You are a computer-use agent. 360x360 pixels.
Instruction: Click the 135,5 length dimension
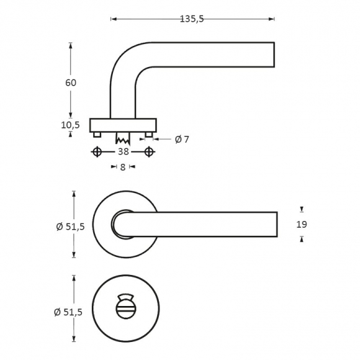[x=192, y=19]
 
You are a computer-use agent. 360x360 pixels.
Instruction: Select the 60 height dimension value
[x=71, y=83]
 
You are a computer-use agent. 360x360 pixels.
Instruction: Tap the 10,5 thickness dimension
[x=70, y=125]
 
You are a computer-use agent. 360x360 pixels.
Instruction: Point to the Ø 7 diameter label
[x=182, y=139]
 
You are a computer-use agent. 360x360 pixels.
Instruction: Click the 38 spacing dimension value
[x=123, y=152]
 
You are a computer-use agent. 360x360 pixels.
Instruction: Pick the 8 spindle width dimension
[x=123, y=167]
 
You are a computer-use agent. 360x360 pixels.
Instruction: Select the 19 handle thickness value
[x=302, y=224]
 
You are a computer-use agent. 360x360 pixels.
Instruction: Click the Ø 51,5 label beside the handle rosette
[x=71, y=227]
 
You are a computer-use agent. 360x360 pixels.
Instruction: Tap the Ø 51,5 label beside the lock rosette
[x=68, y=312]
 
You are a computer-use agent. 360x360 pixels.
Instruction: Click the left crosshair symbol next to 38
[x=97, y=152]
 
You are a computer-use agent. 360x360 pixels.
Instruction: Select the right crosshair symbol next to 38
[x=149, y=152]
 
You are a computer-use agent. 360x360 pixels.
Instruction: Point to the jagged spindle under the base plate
[x=123, y=138]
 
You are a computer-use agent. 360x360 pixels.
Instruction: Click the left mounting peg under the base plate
[x=97, y=135]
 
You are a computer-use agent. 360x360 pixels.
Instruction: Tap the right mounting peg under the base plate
[x=149, y=135]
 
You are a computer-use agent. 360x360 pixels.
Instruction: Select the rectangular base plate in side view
[x=123, y=125]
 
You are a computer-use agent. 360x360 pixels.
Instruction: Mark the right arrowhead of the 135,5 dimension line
[x=272, y=19]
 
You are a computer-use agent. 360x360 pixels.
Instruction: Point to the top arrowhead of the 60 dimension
[x=71, y=45]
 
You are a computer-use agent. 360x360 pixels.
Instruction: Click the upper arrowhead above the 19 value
[x=302, y=209]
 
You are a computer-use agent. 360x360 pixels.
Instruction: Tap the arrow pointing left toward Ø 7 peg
[x=156, y=139]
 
